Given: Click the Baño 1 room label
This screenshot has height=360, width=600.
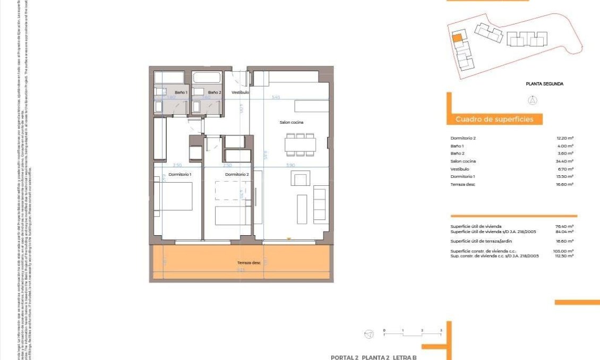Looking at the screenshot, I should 181,92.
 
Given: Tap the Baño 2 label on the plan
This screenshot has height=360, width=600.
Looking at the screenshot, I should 214,92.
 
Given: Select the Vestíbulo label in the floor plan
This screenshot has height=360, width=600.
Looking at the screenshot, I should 241,92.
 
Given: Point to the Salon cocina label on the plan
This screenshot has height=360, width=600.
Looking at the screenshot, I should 292,122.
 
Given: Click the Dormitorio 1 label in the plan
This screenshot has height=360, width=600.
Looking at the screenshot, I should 179,174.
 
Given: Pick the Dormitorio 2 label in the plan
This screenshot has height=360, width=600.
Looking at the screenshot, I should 237,174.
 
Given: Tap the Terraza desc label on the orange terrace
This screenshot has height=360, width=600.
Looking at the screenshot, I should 248,263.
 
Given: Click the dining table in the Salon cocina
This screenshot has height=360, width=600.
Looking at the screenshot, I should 301,144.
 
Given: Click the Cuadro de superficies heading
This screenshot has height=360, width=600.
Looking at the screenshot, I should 494,119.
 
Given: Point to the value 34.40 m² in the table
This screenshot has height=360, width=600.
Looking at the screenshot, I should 564,161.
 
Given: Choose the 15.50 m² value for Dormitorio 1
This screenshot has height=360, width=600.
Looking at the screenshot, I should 564,176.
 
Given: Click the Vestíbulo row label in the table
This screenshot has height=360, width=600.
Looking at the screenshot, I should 460,169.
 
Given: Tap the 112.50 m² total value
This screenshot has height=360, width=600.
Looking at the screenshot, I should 564,255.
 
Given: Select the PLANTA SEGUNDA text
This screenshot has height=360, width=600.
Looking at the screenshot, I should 544,84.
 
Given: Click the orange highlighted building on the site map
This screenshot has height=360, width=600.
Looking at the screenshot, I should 457,38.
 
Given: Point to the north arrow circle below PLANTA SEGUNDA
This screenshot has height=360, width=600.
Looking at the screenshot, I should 533,100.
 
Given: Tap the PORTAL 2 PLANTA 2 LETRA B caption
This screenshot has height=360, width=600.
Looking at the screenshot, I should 373,357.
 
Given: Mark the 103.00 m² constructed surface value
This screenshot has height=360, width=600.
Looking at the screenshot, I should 564,251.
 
